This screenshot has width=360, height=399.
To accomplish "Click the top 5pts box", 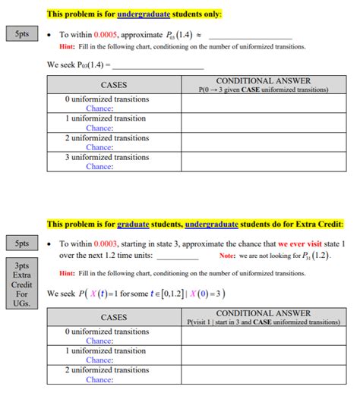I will (x=22, y=36).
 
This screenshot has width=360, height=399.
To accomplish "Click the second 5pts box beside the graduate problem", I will (x=22, y=244).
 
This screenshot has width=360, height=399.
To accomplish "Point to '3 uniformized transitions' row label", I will (x=107, y=158).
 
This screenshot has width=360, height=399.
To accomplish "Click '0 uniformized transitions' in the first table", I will (x=107, y=99).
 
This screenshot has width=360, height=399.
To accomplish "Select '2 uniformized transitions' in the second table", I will (x=107, y=370).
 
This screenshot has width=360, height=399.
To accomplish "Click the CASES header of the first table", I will (x=113, y=84).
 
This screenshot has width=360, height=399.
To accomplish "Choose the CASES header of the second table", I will (x=113, y=316).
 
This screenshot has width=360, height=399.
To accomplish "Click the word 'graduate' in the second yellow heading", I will (x=137, y=224).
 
